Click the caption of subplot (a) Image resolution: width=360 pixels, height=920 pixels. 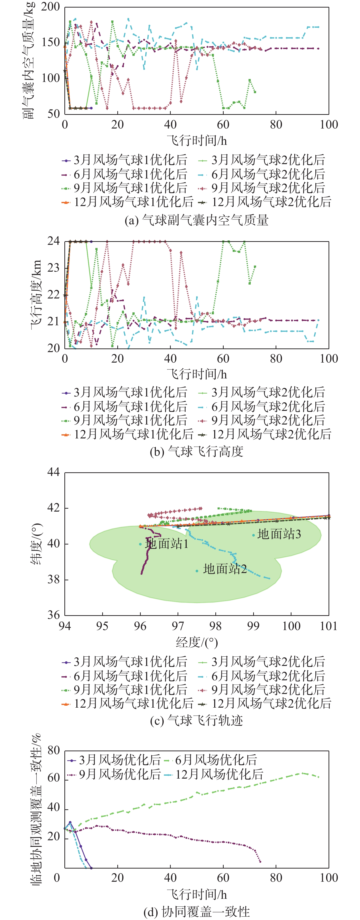(x=196, y=220)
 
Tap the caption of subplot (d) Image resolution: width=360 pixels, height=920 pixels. (x=196, y=911)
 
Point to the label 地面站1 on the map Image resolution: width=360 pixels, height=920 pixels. (x=166, y=544)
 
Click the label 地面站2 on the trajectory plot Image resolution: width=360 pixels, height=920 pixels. (x=225, y=569)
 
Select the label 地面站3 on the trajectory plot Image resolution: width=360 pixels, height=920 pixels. (x=279, y=534)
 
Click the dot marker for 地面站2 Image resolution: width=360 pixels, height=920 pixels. (x=197, y=571)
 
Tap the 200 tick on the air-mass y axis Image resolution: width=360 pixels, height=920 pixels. (x=50, y=7)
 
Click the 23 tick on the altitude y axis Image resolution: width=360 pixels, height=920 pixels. (x=54, y=268)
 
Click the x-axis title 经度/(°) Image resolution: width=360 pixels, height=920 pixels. (x=196, y=643)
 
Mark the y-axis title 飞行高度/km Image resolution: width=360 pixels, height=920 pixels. (x=36, y=294)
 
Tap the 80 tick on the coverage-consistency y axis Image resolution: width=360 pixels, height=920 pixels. (x=54, y=750)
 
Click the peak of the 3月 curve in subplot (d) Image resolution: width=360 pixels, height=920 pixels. (x=70, y=822)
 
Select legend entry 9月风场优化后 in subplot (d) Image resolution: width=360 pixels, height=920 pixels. (x=120, y=774)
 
